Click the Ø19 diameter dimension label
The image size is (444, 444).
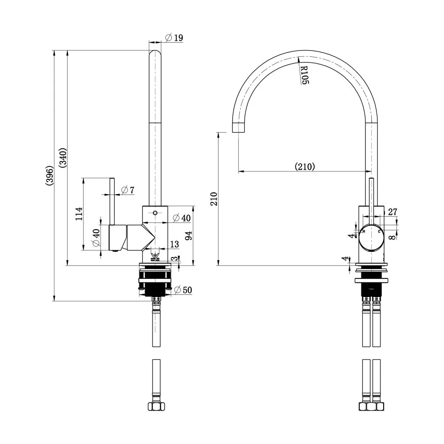[x=174, y=37]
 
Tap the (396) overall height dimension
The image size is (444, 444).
[x=49, y=175]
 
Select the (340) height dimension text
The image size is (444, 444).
[x=63, y=158]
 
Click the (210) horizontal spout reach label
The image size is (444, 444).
[x=305, y=166]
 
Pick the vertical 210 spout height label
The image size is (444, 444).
[x=214, y=199]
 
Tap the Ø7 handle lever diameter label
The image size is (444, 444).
[x=127, y=190]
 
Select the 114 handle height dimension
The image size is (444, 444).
[x=79, y=214]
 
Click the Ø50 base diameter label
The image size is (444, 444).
[x=183, y=290]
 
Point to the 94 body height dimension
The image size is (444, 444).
[x=189, y=235]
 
